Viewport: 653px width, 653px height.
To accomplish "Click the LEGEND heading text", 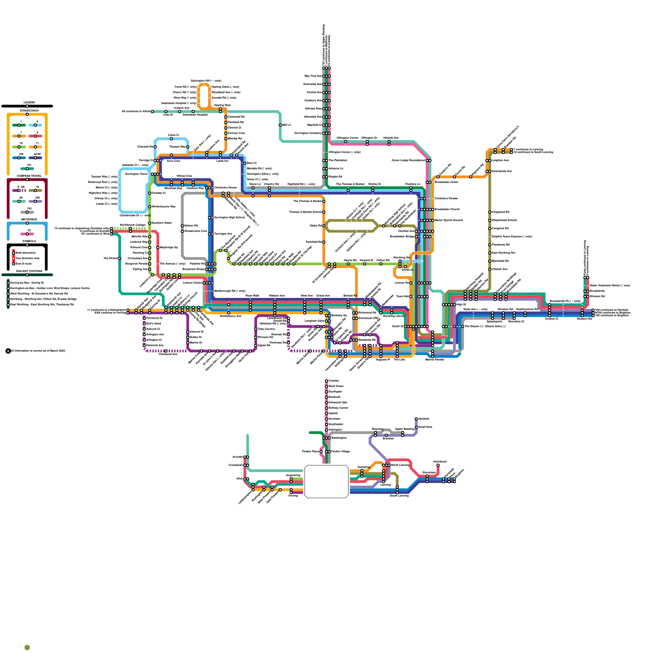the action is [x=29, y=102].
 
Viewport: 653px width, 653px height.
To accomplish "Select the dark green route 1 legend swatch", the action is [x=19, y=125].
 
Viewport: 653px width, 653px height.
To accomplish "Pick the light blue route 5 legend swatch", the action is [x=36, y=125].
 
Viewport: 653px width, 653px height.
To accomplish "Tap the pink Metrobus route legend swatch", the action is [x=27, y=234].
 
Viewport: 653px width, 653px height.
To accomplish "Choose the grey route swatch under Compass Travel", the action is [x=27, y=212].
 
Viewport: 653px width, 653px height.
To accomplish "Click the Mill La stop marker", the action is [x=280, y=125].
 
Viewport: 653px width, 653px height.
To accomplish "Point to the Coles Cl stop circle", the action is [x=171, y=139].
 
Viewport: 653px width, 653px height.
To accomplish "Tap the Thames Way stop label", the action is [x=177, y=147].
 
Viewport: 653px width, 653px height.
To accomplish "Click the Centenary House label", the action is [x=225, y=188].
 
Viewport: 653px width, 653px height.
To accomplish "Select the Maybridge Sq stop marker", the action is [x=158, y=248].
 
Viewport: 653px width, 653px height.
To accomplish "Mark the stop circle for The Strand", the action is [x=120, y=258].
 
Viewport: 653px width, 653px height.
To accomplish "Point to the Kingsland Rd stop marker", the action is [x=490, y=212].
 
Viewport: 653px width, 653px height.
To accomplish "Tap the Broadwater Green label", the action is [x=446, y=182].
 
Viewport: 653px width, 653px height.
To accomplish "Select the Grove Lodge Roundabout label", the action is [x=409, y=160].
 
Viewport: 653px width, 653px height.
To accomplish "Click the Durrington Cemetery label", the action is [x=308, y=133].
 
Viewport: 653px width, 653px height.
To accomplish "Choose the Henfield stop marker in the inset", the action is [x=416, y=419].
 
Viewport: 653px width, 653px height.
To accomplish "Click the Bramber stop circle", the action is [x=386, y=435].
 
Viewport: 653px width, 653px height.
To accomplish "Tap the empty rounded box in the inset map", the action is [x=326, y=482].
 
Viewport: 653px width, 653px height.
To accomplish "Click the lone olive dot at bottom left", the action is [x=27, y=648].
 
